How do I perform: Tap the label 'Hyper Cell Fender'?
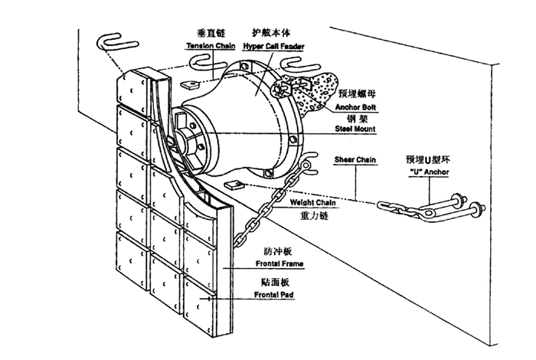(273, 47)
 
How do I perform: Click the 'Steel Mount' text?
(352, 129)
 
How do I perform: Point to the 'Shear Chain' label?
(353, 160)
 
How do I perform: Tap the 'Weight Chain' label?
(311, 203)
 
